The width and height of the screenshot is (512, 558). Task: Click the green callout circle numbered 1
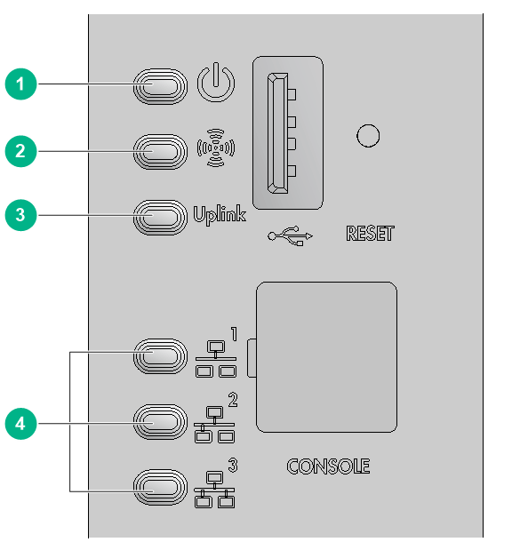pos(20,84)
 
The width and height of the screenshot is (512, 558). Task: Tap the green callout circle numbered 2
pos(20,151)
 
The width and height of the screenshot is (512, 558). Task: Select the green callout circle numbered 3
pos(20,215)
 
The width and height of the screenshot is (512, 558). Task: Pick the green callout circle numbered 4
pos(20,424)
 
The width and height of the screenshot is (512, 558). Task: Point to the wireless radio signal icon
pos(216,147)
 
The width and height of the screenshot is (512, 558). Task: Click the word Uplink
pos(220,215)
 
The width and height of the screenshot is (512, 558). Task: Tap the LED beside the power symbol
pos(160,86)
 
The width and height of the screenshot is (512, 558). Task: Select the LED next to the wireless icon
pos(160,152)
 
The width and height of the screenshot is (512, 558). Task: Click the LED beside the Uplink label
pos(160,217)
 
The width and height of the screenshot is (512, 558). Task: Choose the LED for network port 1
pos(160,356)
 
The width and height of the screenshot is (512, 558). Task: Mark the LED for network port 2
pos(160,422)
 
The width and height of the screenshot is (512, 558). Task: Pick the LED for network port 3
pos(160,487)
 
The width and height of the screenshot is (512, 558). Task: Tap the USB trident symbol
pos(290,235)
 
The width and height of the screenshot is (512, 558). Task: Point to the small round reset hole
pos(368,136)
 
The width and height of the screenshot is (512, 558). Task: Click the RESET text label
pos(370,234)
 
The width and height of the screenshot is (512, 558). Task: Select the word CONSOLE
pos(328,466)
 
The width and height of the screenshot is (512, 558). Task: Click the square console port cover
pos(326,357)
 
